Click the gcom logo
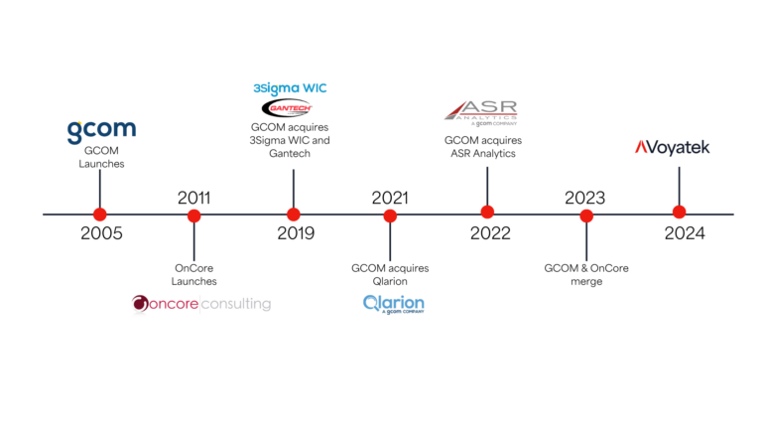pyautogui.click(x=101, y=130)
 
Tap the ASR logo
pyautogui.click(x=481, y=111)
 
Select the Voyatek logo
pyautogui.click(x=672, y=148)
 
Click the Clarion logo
pyautogui.click(x=393, y=303)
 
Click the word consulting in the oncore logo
pyautogui.click(x=236, y=304)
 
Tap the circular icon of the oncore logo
pyautogui.click(x=139, y=304)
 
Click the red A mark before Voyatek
pyautogui.click(x=641, y=148)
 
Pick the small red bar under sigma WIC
pyautogui.click(x=290, y=107)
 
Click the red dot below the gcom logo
pyautogui.click(x=99, y=214)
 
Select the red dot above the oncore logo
pyautogui.click(x=193, y=215)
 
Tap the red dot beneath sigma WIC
pyautogui.click(x=293, y=214)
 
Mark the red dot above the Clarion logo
pyautogui.click(x=390, y=215)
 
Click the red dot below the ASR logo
pyautogui.click(x=487, y=212)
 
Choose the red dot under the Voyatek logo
pyautogui.click(x=679, y=212)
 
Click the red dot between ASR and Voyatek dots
pyautogui.click(x=586, y=215)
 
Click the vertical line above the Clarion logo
pyautogui.click(x=390, y=242)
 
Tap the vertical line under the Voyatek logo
pyautogui.click(x=679, y=184)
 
